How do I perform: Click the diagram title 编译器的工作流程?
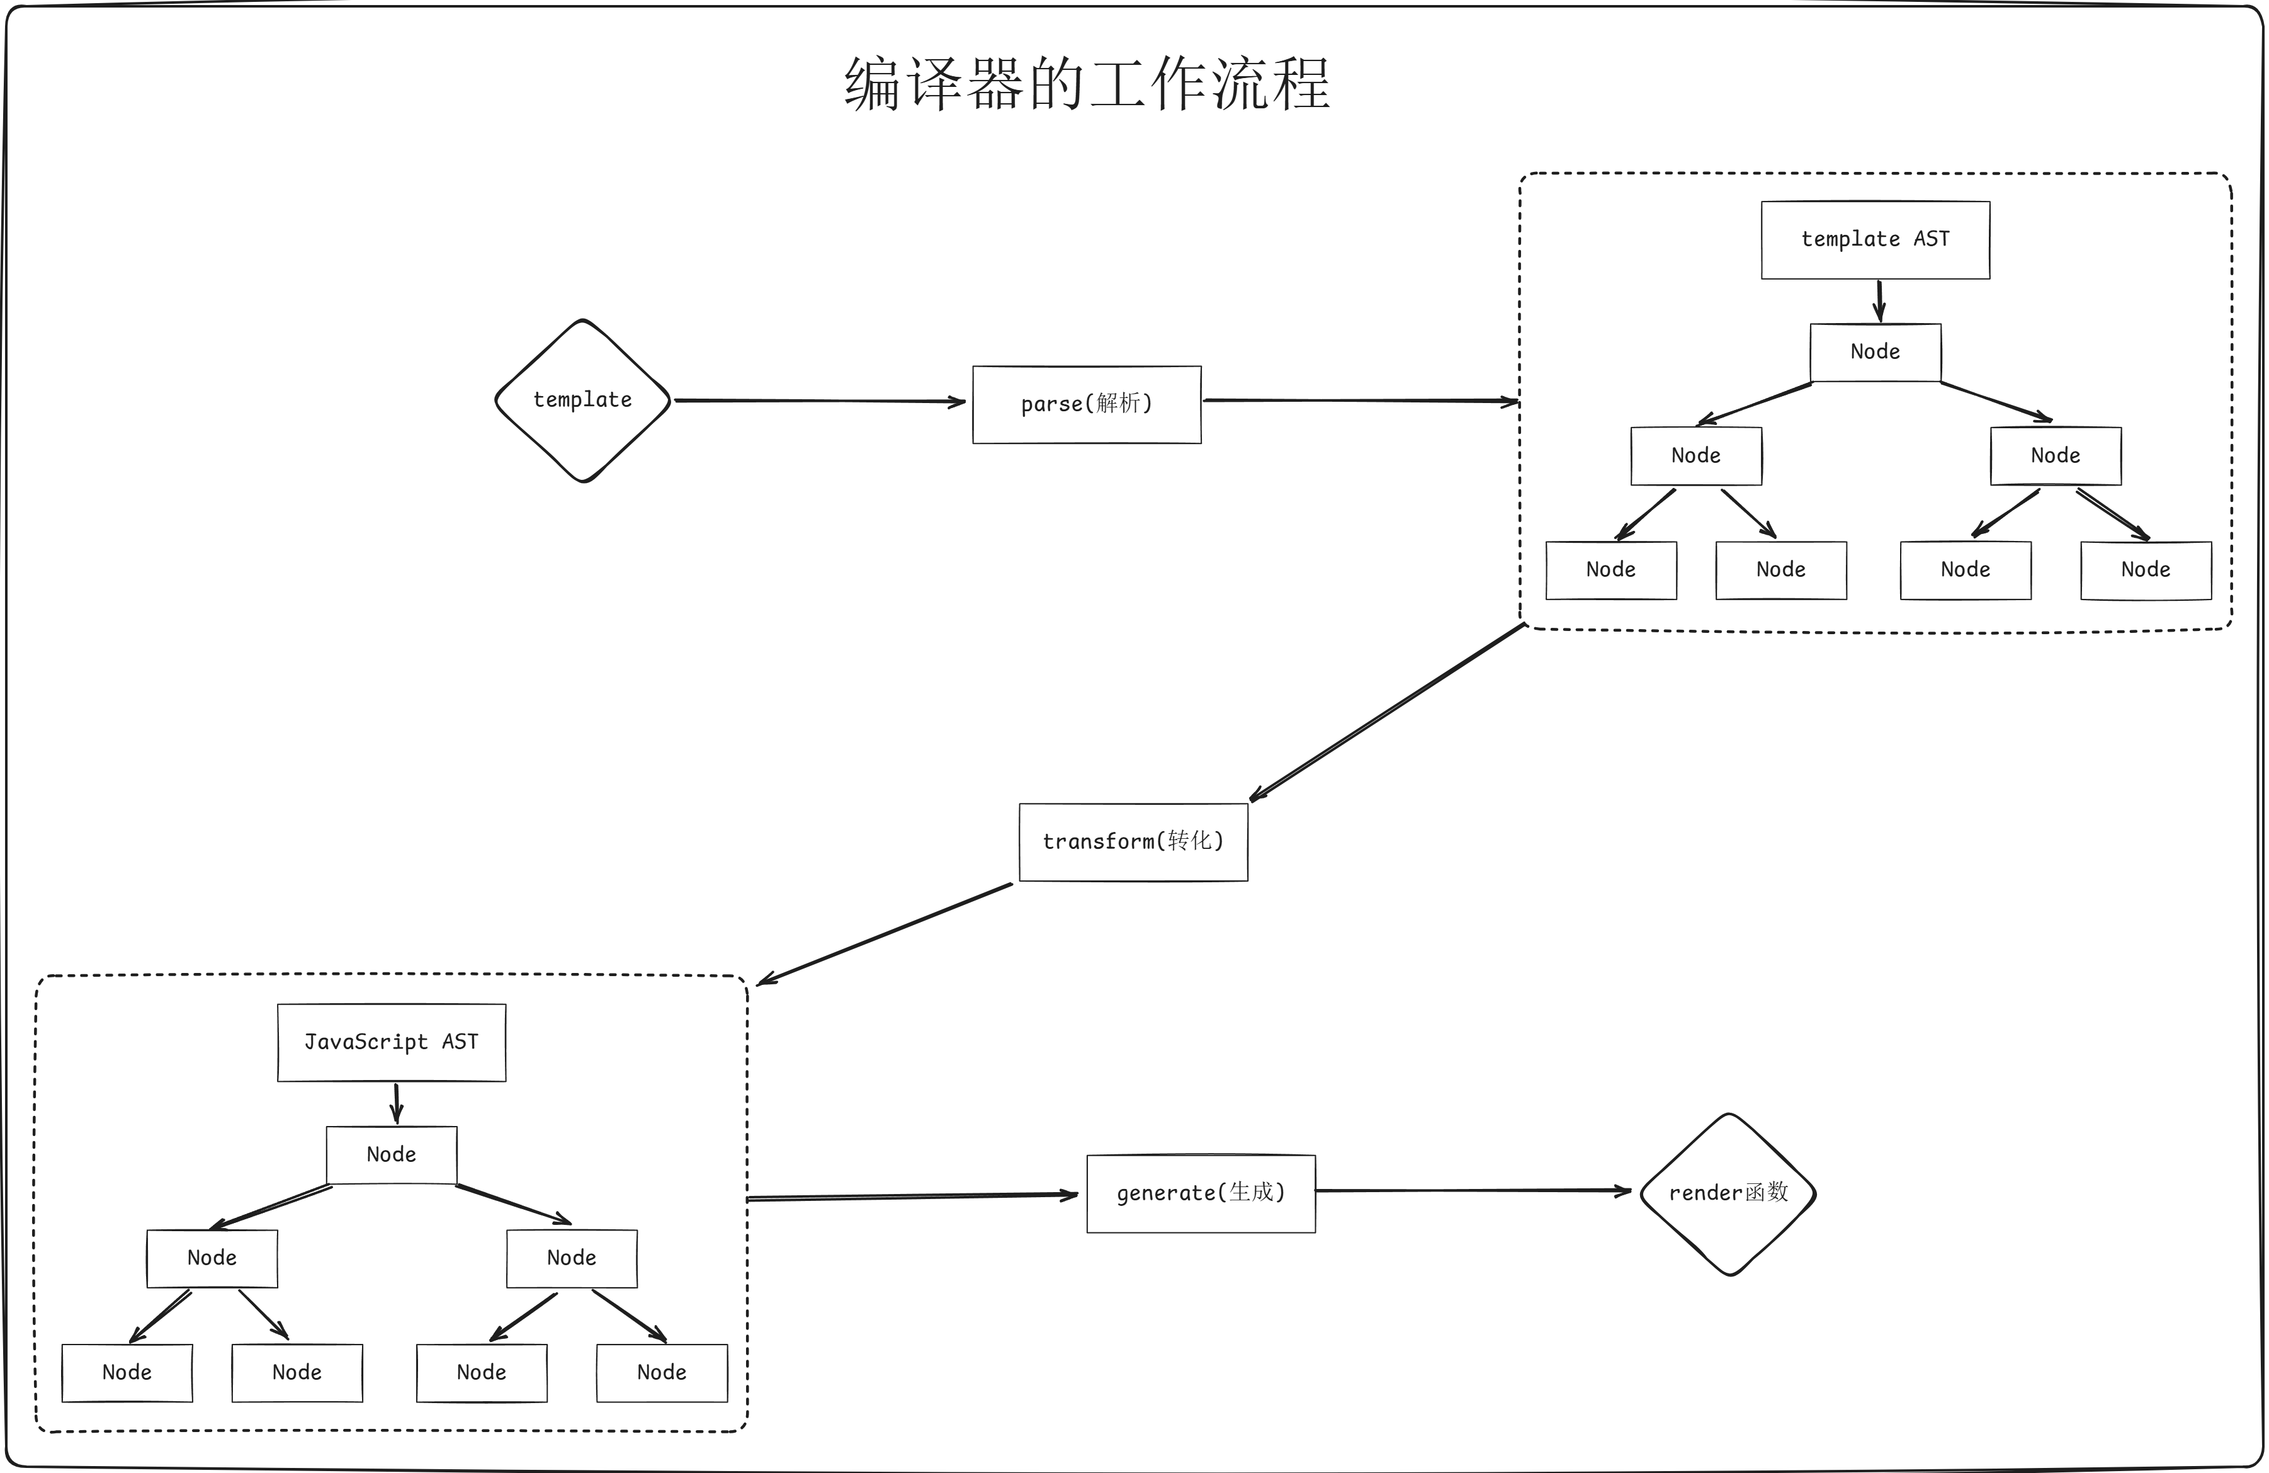(x=1087, y=84)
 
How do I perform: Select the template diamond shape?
(x=582, y=401)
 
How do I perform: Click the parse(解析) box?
(x=1087, y=404)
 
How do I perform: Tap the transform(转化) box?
(x=1133, y=842)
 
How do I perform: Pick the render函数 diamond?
(x=1728, y=1193)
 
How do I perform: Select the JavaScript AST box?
(x=391, y=1042)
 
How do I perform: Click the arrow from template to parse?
(x=820, y=401)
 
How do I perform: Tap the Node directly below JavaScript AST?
(x=391, y=1154)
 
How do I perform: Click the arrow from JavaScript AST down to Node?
(x=397, y=1103)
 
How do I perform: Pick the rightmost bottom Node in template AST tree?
(x=2145, y=570)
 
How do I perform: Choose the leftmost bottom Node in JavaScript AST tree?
(x=127, y=1373)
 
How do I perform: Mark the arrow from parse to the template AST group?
(x=1361, y=401)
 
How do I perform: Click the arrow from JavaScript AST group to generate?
(x=912, y=1197)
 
